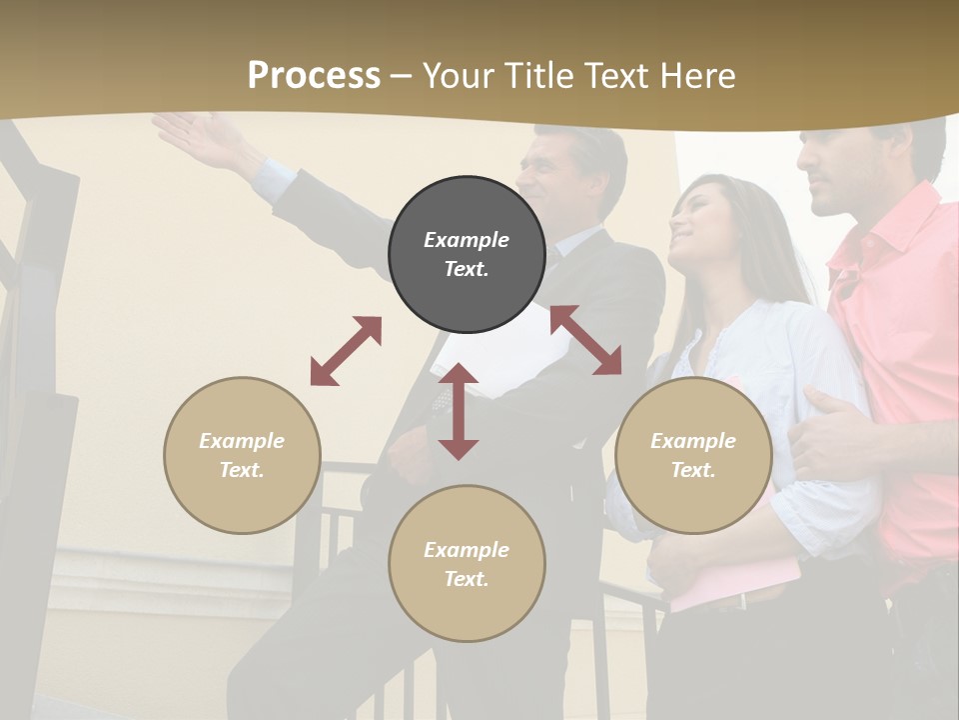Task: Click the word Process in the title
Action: click(314, 76)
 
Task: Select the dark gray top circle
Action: click(467, 254)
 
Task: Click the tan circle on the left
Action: click(242, 455)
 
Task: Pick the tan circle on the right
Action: click(693, 455)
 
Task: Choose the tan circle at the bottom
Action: click(467, 563)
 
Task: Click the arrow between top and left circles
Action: click(346, 351)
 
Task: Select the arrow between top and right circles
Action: click(586, 340)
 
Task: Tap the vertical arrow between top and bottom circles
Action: click(459, 411)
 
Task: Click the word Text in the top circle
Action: click(467, 269)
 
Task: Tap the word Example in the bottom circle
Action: click(467, 549)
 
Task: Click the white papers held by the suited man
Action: click(499, 350)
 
